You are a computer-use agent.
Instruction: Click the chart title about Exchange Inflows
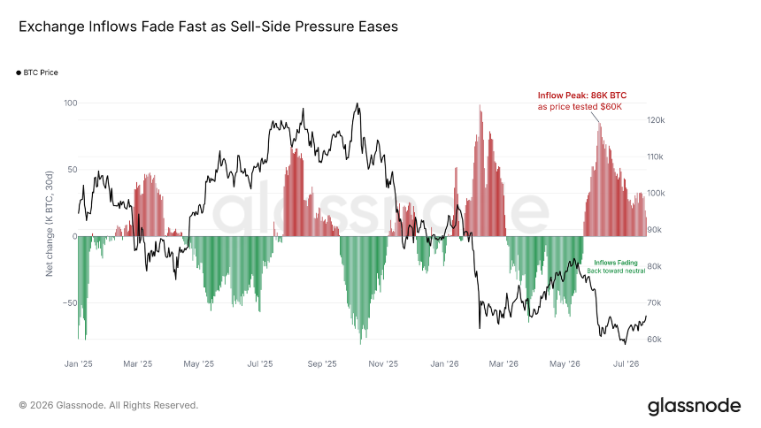tap(208, 27)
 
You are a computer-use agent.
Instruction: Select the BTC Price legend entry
tap(37, 73)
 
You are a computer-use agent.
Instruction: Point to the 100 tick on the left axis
tap(71, 103)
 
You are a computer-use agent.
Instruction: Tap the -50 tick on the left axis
tap(70, 302)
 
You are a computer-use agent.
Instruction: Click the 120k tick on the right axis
tap(656, 120)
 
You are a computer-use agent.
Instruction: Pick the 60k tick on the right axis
tap(654, 340)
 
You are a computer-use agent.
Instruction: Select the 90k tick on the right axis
tap(654, 230)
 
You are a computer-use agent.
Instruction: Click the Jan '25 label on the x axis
tap(78, 363)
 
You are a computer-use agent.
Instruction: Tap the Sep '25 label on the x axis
tap(322, 363)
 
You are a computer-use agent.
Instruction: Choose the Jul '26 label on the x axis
tap(626, 363)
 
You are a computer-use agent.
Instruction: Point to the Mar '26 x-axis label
tap(503, 363)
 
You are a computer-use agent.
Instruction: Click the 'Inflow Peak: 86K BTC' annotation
tap(582, 96)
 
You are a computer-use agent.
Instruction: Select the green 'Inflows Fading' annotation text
tap(616, 263)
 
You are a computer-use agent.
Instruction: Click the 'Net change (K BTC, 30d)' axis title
tap(49, 224)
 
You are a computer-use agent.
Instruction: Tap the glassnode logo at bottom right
tap(694, 406)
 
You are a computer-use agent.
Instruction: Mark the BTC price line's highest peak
tap(357, 103)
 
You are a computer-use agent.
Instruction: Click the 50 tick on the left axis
tap(73, 170)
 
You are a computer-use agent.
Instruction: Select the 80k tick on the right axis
tap(654, 266)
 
